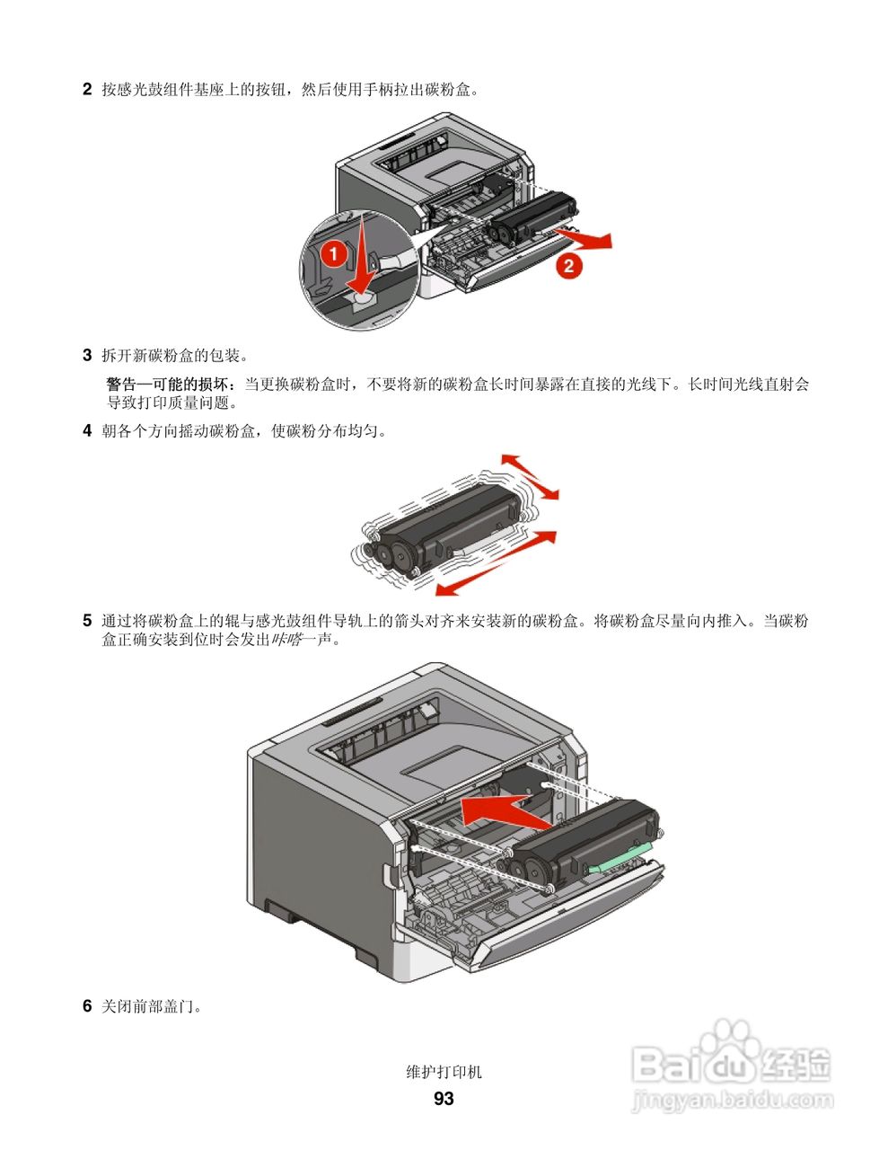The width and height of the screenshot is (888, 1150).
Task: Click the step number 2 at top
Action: [87, 89]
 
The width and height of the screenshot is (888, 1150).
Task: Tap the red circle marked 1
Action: [332, 254]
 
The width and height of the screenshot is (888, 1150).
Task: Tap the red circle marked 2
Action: [567, 265]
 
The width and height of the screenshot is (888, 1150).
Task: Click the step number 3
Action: [87, 355]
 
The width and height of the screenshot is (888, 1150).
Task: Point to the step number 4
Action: [87, 430]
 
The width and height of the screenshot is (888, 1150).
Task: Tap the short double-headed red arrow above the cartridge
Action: [530, 476]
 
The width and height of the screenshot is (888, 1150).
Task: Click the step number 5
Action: [87, 621]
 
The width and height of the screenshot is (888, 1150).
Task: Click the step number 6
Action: [87, 1006]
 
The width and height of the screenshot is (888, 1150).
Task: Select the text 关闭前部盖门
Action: [152, 1006]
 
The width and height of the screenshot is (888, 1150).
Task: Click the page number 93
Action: [444, 1099]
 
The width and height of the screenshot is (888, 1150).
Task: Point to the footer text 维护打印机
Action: [444, 1072]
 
